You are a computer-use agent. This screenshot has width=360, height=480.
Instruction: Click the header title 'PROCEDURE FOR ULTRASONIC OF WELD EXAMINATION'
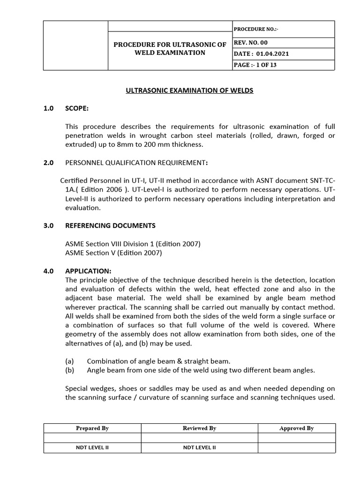(x=170, y=48)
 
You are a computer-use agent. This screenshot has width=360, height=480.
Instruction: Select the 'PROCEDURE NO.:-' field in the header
(x=256, y=29)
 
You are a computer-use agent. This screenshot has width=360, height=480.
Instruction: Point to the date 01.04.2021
(x=272, y=54)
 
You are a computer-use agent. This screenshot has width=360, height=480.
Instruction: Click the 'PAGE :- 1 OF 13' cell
(x=255, y=65)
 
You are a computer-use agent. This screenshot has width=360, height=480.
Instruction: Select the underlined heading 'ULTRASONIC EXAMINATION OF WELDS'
(x=189, y=90)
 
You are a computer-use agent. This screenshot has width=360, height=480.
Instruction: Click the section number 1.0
(x=49, y=108)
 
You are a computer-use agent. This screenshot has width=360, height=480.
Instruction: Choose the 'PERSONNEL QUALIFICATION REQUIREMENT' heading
(x=136, y=163)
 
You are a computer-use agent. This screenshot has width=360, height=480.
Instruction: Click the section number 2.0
(x=49, y=163)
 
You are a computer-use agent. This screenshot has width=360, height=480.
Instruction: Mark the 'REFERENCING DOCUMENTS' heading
(x=110, y=225)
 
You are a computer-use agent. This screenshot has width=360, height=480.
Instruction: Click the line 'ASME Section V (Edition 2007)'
(x=113, y=253)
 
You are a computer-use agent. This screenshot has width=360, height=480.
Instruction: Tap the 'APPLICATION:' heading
(x=89, y=271)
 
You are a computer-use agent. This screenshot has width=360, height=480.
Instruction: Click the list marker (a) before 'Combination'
(x=69, y=361)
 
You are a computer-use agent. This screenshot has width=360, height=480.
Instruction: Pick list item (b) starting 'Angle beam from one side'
(x=201, y=370)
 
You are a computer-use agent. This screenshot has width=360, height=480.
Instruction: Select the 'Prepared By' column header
(x=92, y=428)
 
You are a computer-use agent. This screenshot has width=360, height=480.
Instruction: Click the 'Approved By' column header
(x=296, y=428)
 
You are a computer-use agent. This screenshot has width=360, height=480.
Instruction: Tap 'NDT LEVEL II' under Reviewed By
(x=199, y=448)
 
